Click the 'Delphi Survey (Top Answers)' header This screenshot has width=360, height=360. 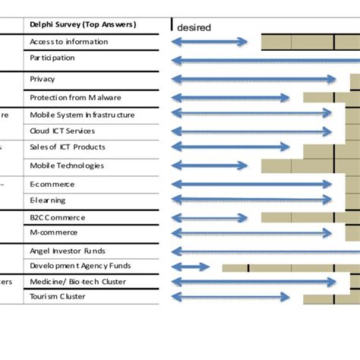click(x=82, y=25)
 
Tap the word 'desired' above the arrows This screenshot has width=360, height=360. click(x=194, y=28)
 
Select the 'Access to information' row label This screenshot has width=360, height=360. click(x=68, y=42)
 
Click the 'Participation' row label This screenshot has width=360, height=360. click(x=52, y=58)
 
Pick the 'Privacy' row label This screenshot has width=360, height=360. click(x=43, y=79)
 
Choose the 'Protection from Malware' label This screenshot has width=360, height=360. click(x=75, y=97)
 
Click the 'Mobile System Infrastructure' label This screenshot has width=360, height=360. click(x=82, y=115)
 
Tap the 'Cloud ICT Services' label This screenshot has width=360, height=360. click(x=62, y=131)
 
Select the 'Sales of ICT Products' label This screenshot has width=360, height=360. click(x=68, y=147)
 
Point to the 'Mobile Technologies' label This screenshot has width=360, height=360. click(x=67, y=166)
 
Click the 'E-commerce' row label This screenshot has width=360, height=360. click(x=52, y=184)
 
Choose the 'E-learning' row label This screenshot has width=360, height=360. click(x=48, y=201)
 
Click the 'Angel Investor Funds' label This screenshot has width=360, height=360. click(x=68, y=251)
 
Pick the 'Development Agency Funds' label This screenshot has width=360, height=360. click(x=80, y=266)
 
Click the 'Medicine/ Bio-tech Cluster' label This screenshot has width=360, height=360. click(x=77, y=282)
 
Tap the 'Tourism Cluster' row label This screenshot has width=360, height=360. click(x=57, y=297)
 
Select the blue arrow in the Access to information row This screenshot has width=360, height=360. click(x=210, y=42)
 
